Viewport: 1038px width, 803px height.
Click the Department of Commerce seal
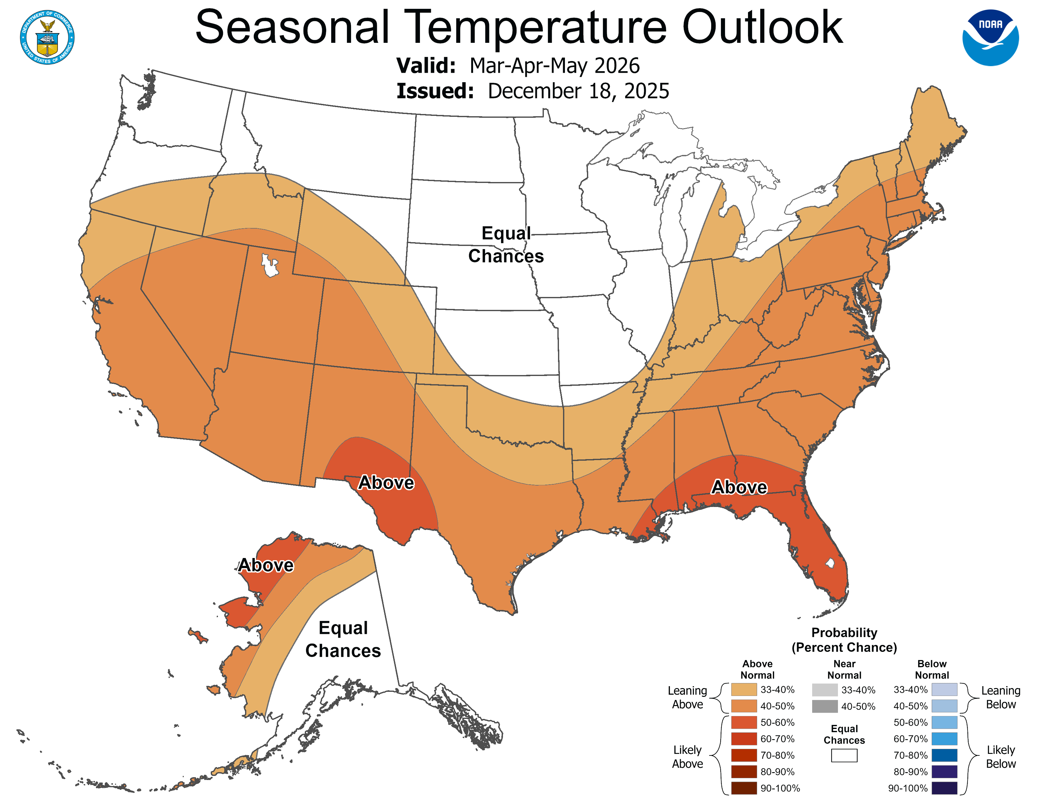point(47,37)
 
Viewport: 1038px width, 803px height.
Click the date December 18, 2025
point(578,91)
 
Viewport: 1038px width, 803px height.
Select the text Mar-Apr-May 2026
point(554,65)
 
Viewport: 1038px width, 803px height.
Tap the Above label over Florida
point(739,487)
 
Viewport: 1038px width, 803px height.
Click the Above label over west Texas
point(386,482)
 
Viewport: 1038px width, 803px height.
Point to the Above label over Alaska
point(266,565)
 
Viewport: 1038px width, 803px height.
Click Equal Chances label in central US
point(506,244)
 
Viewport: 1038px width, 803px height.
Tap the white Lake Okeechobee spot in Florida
point(830,563)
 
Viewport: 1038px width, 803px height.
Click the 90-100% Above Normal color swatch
point(744,788)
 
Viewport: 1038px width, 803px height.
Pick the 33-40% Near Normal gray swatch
point(825,690)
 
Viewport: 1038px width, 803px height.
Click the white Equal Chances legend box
point(844,755)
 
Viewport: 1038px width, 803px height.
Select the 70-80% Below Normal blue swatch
point(944,755)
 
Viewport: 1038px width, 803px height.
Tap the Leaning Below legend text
point(1001,698)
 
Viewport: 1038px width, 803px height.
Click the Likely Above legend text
point(687,757)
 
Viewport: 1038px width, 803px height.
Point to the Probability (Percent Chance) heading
point(844,640)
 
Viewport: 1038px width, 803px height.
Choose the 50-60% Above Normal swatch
point(744,723)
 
